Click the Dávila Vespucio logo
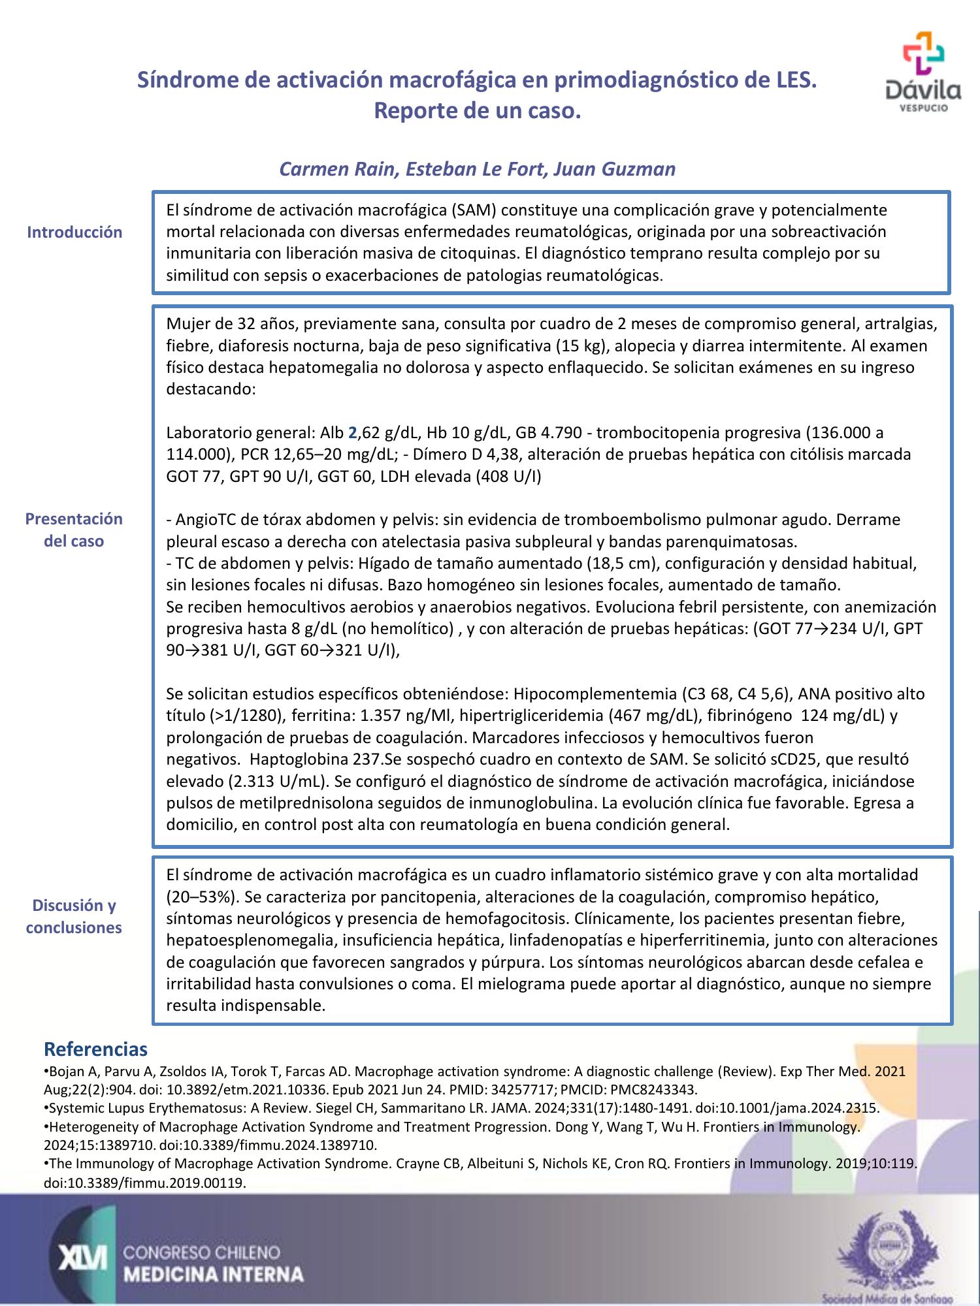923,72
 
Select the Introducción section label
74,232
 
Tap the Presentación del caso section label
74,530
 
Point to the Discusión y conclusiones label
74,916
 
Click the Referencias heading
95,1049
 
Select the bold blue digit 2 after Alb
352,432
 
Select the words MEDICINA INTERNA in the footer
214,1274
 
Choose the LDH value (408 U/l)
508,476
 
